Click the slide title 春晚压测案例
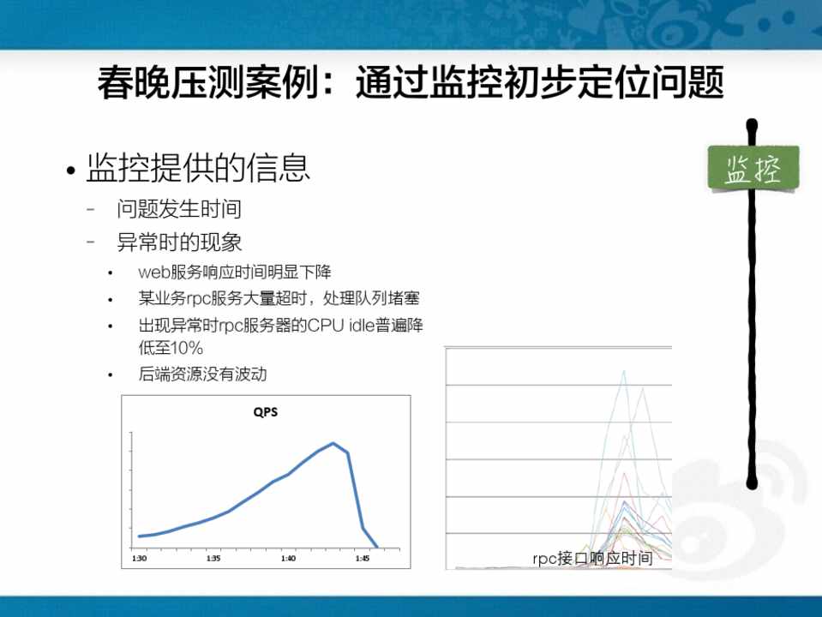pos(208,83)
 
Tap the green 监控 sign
pos(753,168)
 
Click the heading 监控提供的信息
pos(198,168)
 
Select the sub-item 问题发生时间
pos(179,208)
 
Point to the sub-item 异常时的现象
pos(179,243)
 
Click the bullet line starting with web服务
pos(235,272)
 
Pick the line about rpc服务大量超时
pos(279,298)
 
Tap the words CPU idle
pos(341,325)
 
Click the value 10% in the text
pos(187,348)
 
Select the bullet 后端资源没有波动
pos(203,374)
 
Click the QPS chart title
pos(265,412)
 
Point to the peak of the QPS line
pos(333,443)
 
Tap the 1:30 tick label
pos(139,558)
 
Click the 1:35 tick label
pos(213,558)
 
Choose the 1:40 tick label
pos(288,558)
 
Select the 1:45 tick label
pos(363,558)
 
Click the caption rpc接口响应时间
pos(592,558)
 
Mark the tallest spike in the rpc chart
pos(624,371)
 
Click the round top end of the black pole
pos(752,125)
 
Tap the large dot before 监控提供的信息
pos(71,170)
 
